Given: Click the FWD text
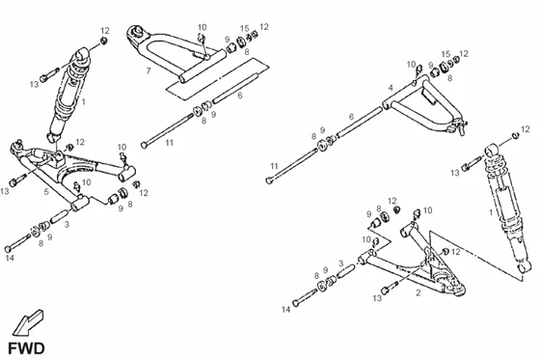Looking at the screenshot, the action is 26,348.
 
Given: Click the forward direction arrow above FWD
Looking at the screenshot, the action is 27,322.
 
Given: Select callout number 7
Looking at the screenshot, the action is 149,70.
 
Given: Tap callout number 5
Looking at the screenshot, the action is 46,192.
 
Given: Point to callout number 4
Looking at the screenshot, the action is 391,88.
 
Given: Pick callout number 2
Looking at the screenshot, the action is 419,293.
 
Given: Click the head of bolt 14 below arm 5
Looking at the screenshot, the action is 8,248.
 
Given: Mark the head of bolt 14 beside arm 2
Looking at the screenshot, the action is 295,303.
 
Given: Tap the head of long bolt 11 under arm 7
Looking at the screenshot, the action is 145,145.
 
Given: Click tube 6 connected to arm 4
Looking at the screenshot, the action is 360,122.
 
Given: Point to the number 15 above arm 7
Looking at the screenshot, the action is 244,28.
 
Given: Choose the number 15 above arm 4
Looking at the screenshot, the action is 446,54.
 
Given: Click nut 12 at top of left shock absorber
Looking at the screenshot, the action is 103,41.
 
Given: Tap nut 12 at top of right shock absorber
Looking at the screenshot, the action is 515,134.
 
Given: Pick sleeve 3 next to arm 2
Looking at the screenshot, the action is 346,270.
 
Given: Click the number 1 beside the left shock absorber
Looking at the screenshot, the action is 84,102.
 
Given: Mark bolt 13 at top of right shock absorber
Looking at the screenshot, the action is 472,163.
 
